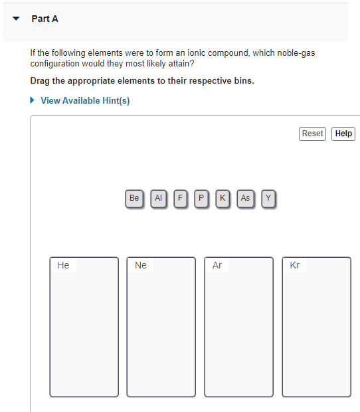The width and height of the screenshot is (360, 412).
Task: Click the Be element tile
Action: pos(135,198)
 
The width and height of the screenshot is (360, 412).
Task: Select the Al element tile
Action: pos(158,198)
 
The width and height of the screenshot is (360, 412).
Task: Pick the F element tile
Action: pos(180,198)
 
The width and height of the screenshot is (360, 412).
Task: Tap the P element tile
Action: pos(201,198)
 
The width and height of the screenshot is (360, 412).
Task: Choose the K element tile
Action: pos(223,198)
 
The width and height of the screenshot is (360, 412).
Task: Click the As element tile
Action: pos(245,198)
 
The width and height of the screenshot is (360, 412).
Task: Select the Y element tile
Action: pos(268,198)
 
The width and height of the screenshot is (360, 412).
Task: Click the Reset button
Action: pos(312,134)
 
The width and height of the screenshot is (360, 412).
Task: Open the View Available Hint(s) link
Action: pos(85,101)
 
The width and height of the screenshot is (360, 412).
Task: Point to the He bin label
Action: pos(63,265)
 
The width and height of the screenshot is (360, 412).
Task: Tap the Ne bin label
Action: pos(140,265)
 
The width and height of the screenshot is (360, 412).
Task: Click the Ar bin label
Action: pos(217,265)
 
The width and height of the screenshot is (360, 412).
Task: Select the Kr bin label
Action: pos(295,265)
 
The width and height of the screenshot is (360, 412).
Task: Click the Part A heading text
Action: pos(45,19)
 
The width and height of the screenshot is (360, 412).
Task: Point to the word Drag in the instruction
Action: pos(41,81)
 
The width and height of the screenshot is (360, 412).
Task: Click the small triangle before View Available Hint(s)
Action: pos(33,101)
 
